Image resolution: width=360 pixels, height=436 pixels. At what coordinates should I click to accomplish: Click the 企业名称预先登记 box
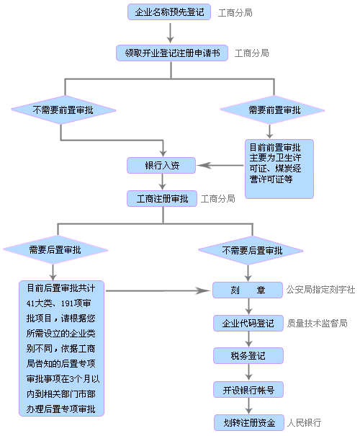pos(169,12)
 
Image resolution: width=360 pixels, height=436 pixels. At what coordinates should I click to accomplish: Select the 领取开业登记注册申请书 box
pos(172,53)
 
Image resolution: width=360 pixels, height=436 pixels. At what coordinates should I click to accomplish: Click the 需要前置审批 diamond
pos(274,110)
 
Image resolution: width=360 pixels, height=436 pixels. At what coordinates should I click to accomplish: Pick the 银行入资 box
pos(161,166)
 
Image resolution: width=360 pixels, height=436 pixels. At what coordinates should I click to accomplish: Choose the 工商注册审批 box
pos(161,198)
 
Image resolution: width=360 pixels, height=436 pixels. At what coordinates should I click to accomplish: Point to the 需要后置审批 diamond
pos(55,251)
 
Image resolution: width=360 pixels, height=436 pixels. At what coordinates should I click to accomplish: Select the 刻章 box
pos(249,290)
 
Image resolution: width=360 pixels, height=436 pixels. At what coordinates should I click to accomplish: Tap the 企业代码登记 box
pos(249,324)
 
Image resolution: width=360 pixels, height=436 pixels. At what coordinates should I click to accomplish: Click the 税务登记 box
pos(249,356)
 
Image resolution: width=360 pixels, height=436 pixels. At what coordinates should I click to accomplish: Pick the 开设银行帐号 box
pos(249,390)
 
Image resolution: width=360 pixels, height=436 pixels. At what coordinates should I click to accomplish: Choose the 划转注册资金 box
pos(249,423)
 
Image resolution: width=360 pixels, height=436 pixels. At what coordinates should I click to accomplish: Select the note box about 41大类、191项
pos(62,348)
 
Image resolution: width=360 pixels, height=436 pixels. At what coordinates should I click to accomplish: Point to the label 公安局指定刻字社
pos(320,290)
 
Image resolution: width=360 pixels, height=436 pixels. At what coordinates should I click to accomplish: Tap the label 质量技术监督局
pos(317,324)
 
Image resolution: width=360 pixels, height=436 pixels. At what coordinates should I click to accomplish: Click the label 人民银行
pos(303,423)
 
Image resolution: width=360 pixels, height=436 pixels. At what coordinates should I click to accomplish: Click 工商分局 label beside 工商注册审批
pos(218,198)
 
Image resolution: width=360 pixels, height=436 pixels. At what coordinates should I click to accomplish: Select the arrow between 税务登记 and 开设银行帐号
pos(249,373)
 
